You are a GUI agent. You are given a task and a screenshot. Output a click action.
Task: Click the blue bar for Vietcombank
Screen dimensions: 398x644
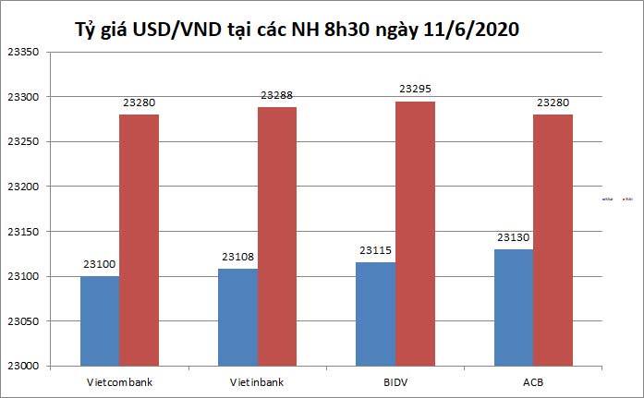point(100,321)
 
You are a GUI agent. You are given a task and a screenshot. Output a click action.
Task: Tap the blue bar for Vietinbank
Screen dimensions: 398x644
point(238,318)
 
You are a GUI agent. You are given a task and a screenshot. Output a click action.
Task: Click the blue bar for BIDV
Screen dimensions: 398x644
point(376,314)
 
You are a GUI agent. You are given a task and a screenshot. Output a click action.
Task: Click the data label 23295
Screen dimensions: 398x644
point(415,90)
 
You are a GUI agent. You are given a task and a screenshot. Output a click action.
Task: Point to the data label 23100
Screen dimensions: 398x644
point(100,265)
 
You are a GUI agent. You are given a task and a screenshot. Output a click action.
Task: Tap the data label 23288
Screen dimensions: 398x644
point(277,95)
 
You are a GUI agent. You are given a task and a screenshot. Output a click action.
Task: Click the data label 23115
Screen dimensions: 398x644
point(376,251)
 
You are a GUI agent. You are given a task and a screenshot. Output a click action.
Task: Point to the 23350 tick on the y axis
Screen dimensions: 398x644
point(21,53)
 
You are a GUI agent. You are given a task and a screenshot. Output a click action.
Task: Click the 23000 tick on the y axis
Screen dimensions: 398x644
point(21,367)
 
